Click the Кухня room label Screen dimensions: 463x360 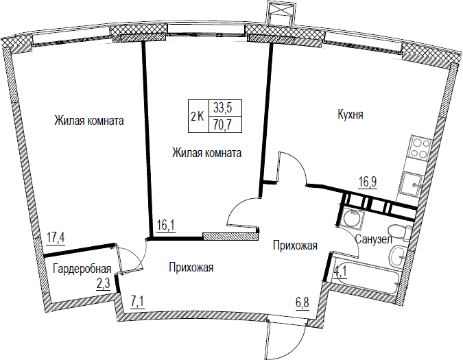pyautogui.click(x=351, y=115)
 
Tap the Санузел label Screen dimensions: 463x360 pyautogui.click(x=374, y=239)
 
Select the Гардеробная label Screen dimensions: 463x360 pyautogui.click(x=82, y=269)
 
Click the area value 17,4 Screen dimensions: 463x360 pyautogui.click(x=56, y=237)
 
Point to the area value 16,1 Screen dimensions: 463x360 pyautogui.click(x=166, y=225)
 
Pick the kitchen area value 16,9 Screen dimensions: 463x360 pyautogui.click(x=368, y=182)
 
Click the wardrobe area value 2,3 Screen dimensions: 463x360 pyautogui.click(x=104, y=284)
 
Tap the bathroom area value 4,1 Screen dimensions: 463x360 pyautogui.click(x=340, y=272)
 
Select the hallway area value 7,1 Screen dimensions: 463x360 pyautogui.click(x=137, y=302)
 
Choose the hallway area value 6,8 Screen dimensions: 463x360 pyautogui.click(x=302, y=302)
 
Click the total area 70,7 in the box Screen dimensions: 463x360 pyautogui.click(x=222, y=125)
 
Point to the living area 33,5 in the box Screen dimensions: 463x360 pyautogui.click(x=222, y=108)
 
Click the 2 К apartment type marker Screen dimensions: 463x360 pyautogui.click(x=198, y=117)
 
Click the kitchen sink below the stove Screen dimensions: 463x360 pyautogui.click(x=412, y=184)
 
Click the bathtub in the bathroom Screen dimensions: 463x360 pyautogui.click(x=365, y=276)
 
